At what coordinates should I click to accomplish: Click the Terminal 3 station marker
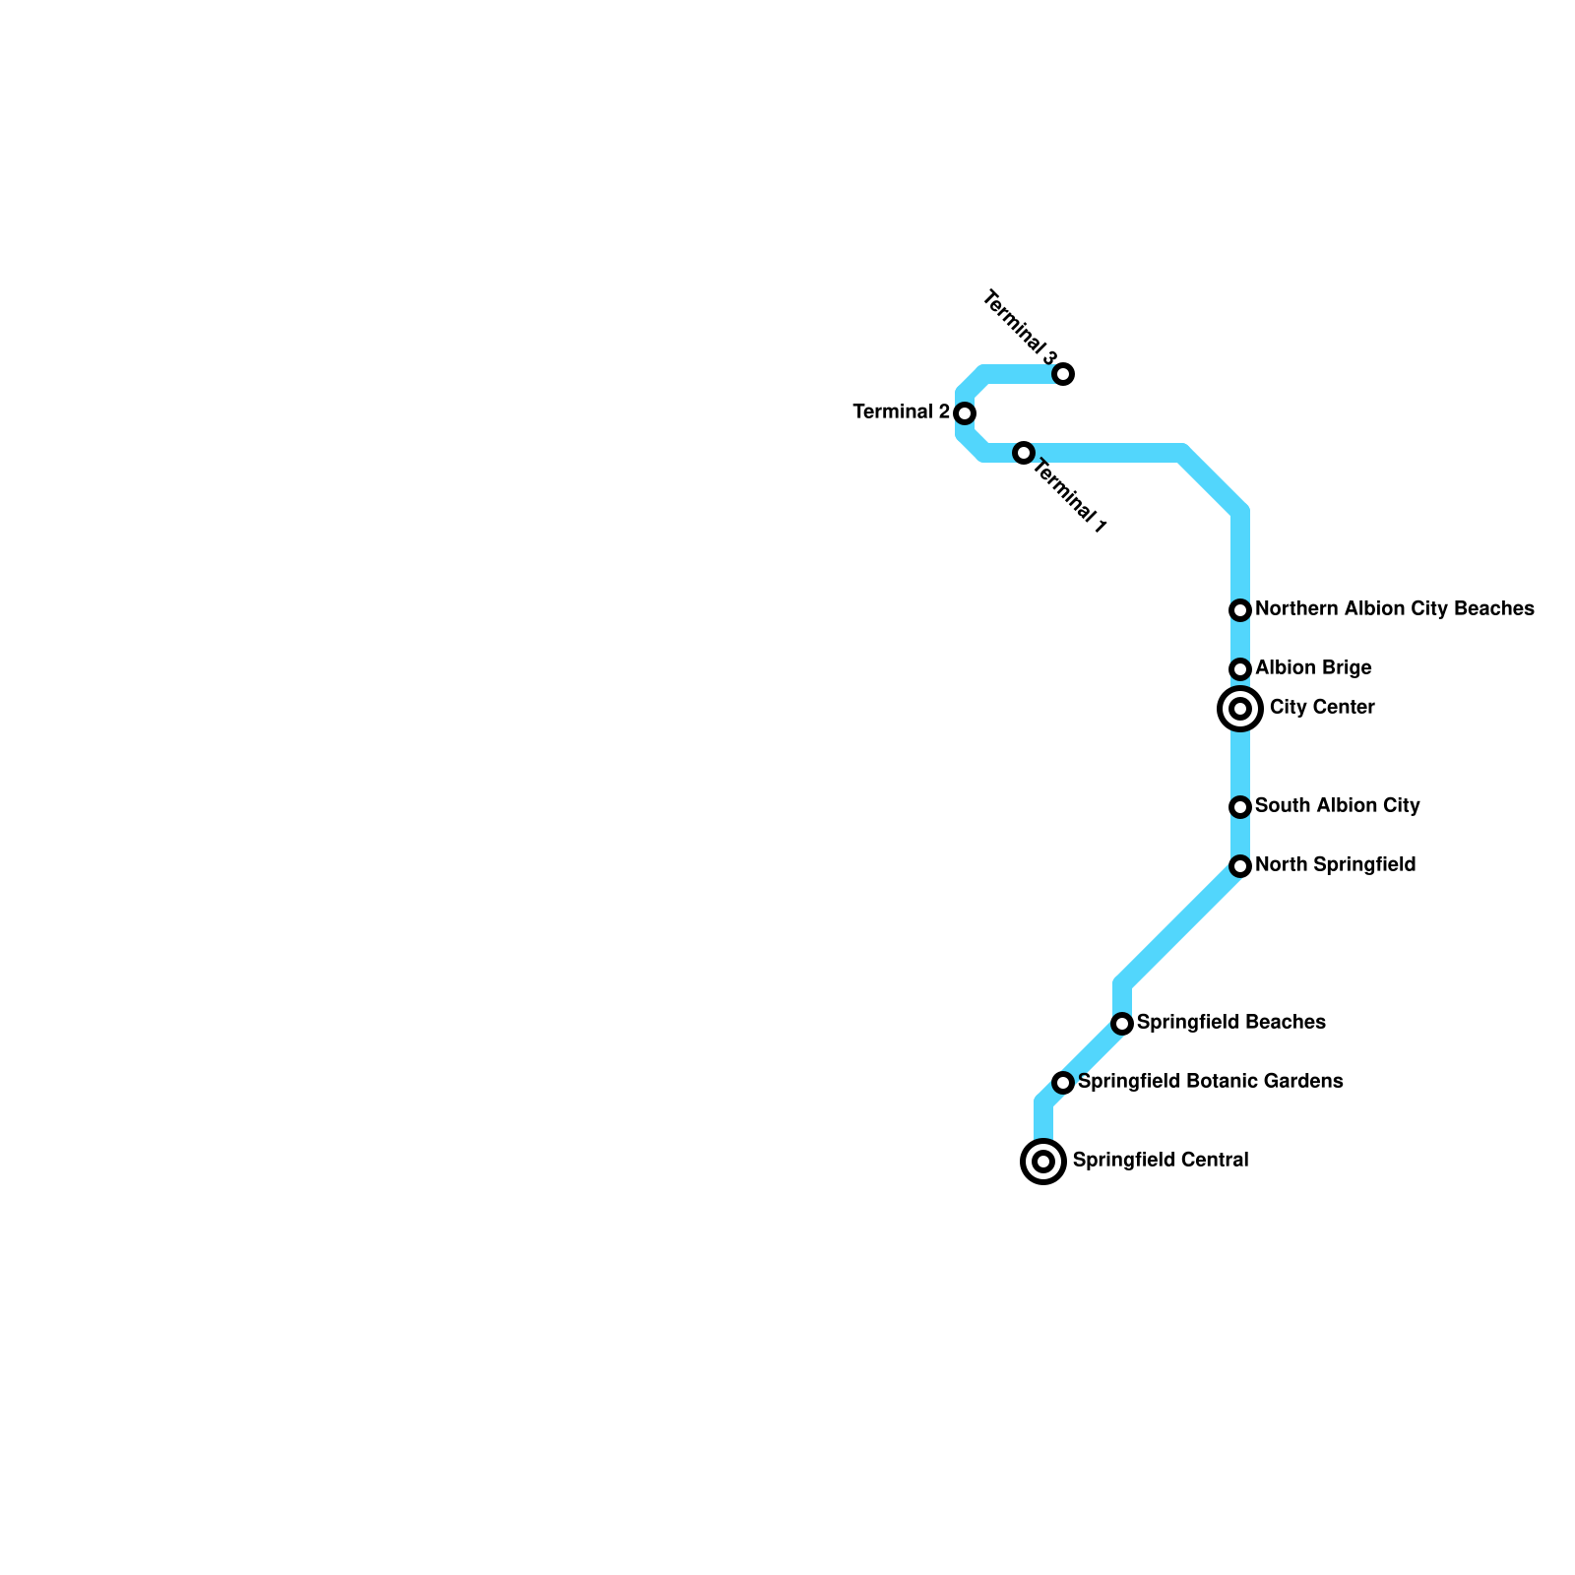click(1063, 374)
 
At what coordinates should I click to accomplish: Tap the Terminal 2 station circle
click(965, 413)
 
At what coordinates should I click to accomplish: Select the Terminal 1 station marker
click(1024, 453)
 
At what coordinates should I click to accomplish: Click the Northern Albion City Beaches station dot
click(1240, 610)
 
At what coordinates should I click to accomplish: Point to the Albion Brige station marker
click(1240, 669)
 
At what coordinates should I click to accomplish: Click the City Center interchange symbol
click(1240, 709)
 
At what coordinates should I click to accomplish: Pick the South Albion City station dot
click(1240, 807)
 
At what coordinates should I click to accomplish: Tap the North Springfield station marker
click(1240, 866)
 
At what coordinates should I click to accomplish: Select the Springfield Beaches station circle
click(1122, 1024)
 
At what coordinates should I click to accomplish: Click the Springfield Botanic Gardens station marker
click(1063, 1083)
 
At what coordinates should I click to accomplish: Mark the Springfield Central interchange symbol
click(1043, 1162)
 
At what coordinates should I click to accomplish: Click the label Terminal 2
click(901, 411)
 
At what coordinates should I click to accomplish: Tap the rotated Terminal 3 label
click(1021, 327)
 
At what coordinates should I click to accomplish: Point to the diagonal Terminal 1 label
click(1070, 498)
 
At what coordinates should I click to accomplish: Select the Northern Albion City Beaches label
click(1394, 608)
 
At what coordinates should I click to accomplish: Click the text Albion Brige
click(1313, 667)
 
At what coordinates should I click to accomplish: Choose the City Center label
click(1322, 707)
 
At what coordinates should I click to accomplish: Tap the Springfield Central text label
click(1161, 1160)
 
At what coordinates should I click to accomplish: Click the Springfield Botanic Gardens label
click(1210, 1081)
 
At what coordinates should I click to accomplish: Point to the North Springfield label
click(1335, 864)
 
